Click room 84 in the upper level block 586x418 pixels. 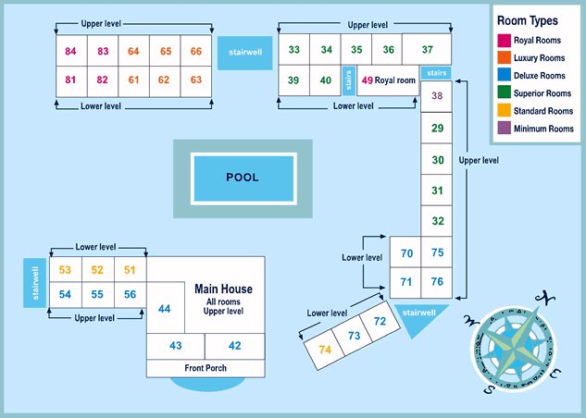tap(71, 51)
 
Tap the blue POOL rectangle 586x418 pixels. tap(243, 177)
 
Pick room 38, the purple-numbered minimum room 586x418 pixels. tap(438, 95)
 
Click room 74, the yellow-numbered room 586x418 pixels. tap(325, 350)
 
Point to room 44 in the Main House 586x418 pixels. tap(164, 309)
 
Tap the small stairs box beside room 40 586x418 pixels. tap(348, 80)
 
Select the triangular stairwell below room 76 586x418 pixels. tap(421, 313)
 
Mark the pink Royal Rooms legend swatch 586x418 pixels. tap(505, 40)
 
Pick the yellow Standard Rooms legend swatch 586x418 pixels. tap(505, 111)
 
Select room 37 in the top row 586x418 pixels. tap(427, 50)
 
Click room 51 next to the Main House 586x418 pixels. tap(130, 270)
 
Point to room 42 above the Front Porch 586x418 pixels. tap(234, 346)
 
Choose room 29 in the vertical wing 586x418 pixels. tap(438, 129)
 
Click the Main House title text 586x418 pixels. tap(223, 289)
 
